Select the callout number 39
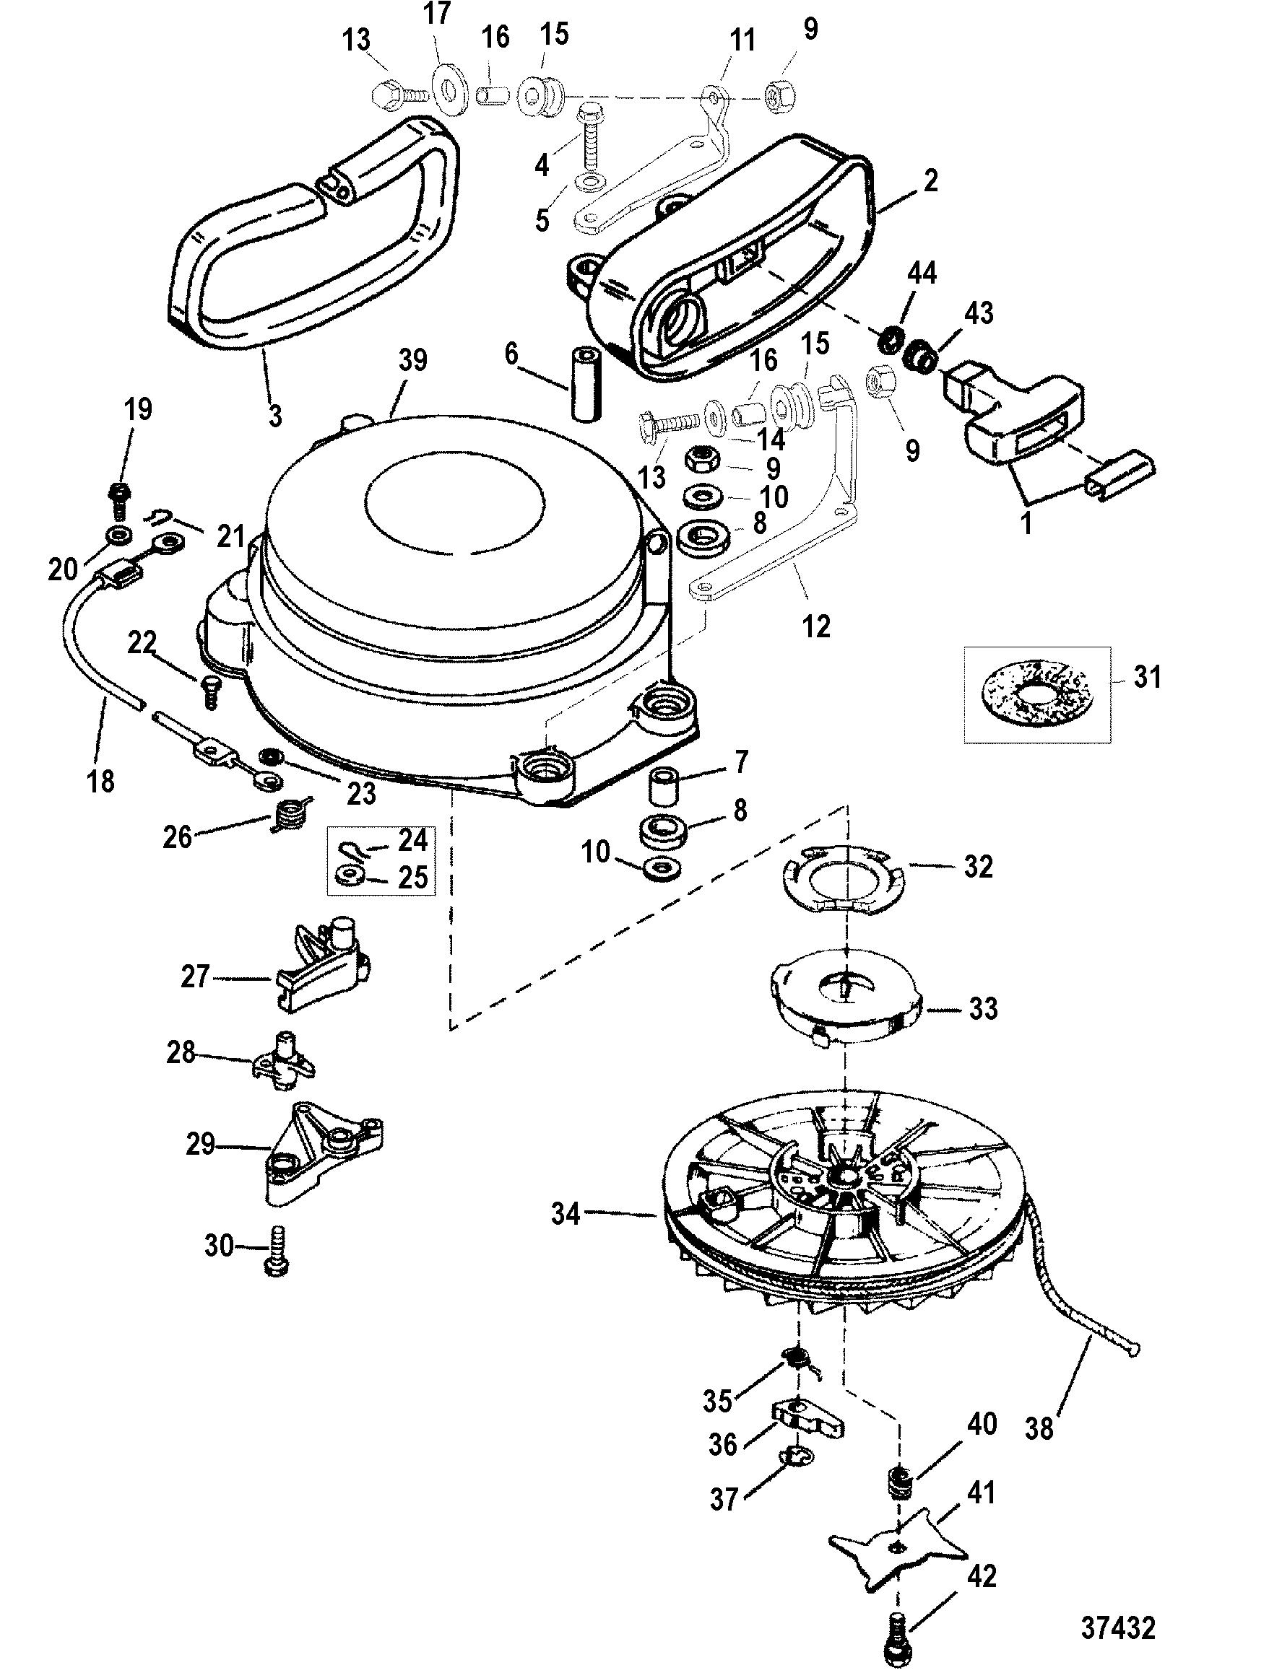tap(413, 360)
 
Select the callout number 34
tap(566, 1215)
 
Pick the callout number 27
tap(194, 976)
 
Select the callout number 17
tap(438, 13)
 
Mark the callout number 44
tap(922, 274)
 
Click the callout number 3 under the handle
tap(274, 416)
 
